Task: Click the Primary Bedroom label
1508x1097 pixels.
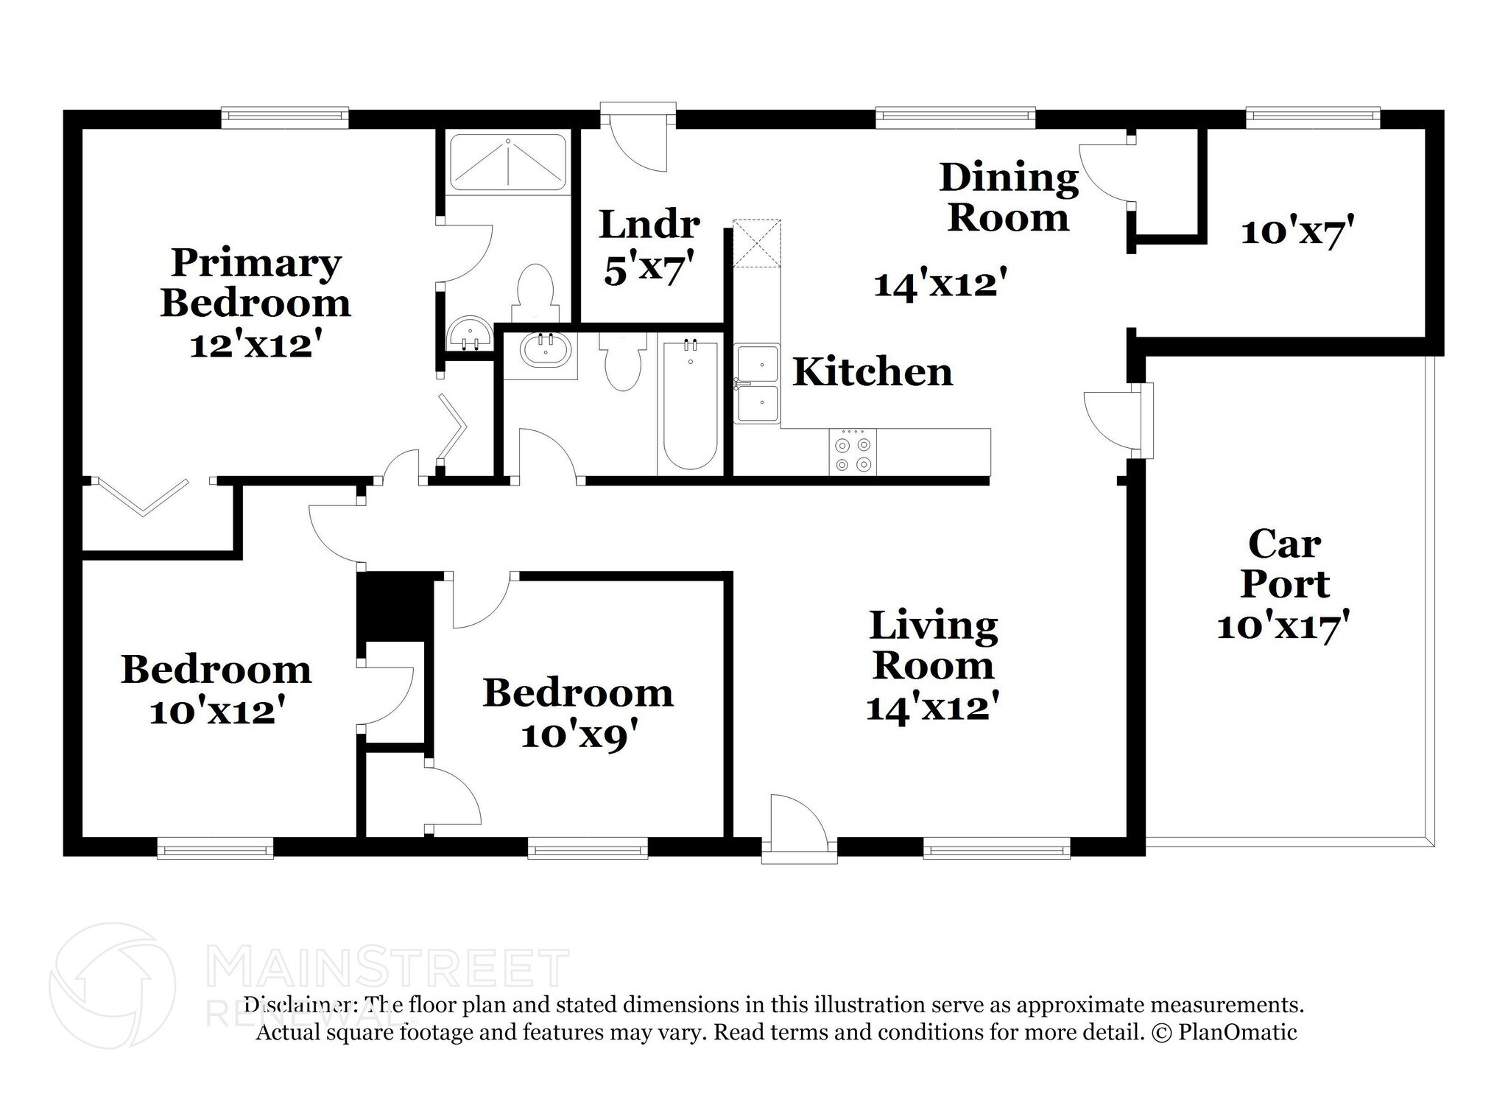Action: [x=256, y=283]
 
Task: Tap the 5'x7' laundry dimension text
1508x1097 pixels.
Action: [x=649, y=270]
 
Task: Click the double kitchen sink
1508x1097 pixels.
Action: [x=757, y=383]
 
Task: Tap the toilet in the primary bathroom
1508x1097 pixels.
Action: [x=535, y=293]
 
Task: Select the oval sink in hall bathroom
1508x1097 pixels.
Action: [x=545, y=351]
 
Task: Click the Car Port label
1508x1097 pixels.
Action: [x=1284, y=564]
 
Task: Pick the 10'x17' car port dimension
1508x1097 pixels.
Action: [x=1283, y=627]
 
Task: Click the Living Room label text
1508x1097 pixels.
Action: [x=934, y=645]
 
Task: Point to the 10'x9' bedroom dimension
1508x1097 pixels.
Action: [x=578, y=735]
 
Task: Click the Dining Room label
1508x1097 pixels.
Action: [x=1008, y=197]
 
